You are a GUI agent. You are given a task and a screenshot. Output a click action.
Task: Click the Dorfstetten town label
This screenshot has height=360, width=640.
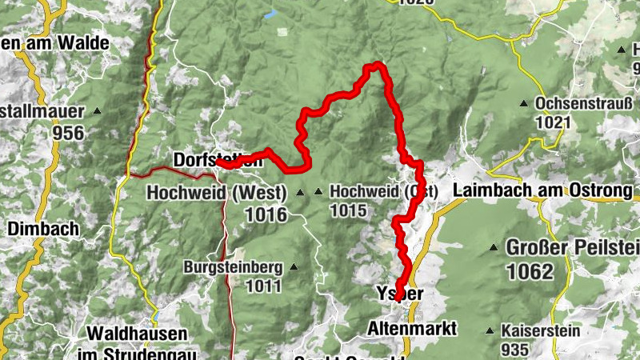[x=218, y=159]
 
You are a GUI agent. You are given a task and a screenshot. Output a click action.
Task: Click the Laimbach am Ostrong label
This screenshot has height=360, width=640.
[x=542, y=191]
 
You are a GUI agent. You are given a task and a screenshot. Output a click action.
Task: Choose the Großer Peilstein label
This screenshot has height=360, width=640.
[x=571, y=248]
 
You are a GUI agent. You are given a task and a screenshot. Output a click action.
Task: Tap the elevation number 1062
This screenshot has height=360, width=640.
[x=529, y=271]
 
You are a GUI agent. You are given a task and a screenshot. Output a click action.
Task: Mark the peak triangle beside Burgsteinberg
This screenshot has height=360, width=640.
[x=294, y=267]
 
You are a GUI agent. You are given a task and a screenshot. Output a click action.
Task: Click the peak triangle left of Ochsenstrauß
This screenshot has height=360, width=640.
[x=523, y=104]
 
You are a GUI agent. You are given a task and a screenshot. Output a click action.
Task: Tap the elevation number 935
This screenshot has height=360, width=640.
[x=515, y=349]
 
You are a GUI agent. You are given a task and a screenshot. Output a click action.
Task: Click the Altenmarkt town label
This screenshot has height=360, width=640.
[x=411, y=329]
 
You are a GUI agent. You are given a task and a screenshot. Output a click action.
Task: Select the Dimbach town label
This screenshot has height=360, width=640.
[x=43, y=229]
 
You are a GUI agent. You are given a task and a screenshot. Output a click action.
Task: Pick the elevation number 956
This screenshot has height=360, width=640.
[x=69, y=133]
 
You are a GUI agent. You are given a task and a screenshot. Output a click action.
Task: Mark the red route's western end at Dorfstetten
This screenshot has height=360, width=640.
[x=218, y=162]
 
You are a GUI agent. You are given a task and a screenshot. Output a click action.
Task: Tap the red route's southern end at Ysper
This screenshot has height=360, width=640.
[x=398, y=299]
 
